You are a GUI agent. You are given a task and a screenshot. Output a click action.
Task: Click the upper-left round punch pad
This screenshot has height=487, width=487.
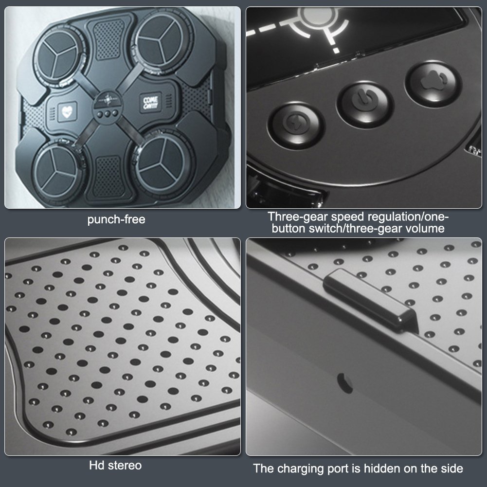58,56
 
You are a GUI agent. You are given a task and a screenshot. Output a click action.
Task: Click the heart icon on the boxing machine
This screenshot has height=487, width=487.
67,111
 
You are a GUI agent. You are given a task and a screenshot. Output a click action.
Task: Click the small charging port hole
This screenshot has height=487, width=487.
345,382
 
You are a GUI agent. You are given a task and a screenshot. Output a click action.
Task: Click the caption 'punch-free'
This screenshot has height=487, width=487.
116,219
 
